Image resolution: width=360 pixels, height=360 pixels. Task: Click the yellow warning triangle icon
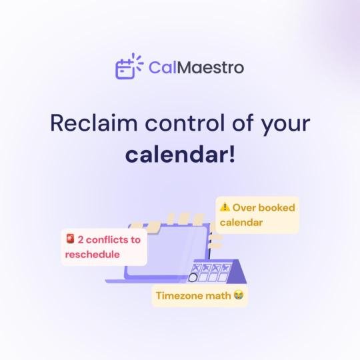[225, 207]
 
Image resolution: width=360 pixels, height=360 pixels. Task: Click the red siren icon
[70, 239]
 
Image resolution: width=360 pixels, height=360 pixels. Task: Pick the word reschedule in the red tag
[92, 255]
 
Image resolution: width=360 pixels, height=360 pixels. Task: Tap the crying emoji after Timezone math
[238, 295]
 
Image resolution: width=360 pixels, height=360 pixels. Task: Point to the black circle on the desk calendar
[193, 277]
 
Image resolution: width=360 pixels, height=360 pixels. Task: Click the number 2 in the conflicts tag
[81, 239]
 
